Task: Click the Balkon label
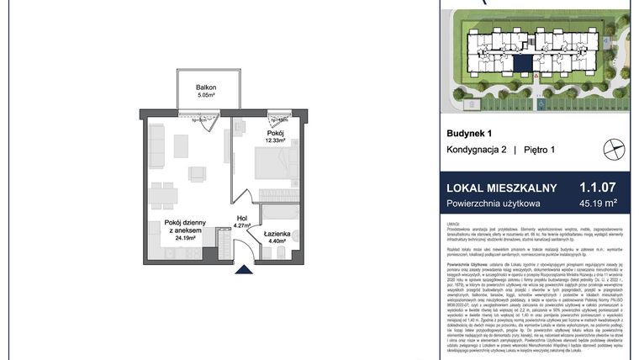(207, 87)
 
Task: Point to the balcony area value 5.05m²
(207, 96)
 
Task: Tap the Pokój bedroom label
(276, 133)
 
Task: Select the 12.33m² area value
(276, 141)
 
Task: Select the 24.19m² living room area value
(186, 238)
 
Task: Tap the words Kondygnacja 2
(477, 150)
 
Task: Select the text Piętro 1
(541, 150)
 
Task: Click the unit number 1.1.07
(598, 188)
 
